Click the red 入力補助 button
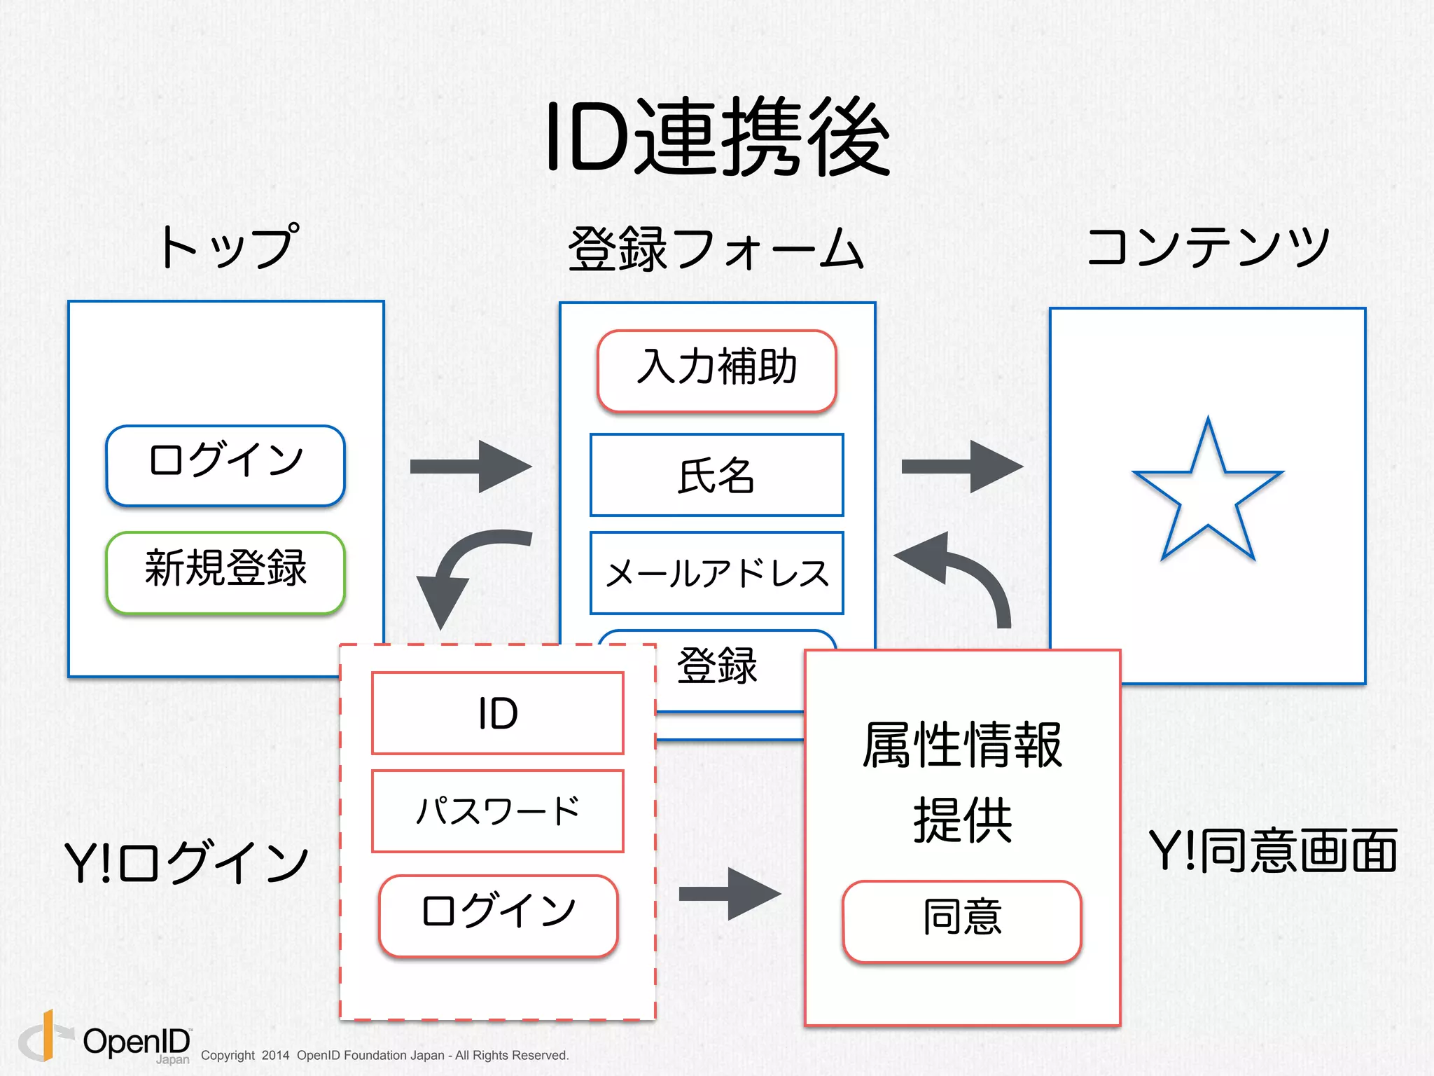point(717,369)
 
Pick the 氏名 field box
point(717,475)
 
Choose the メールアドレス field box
point(717,573)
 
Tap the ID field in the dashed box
point(498,713)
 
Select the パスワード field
point(498,811)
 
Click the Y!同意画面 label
point(1273,851)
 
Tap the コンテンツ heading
point(1208,247)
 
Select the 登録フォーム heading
point(716,249)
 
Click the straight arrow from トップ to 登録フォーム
point(471,467)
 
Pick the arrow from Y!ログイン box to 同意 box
point(730,893)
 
